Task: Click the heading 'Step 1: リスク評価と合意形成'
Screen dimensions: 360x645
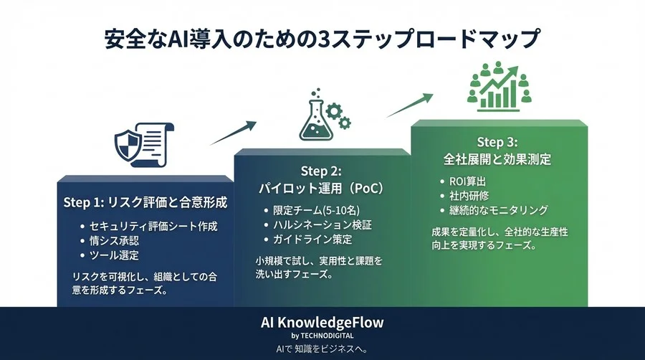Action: click(x=145, y=202)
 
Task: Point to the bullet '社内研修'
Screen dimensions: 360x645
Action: click(x=469, y=195)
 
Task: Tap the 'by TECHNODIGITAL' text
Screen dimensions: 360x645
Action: click(x=322, y=335)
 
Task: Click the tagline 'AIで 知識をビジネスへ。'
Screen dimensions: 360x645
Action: click(x=322, y=349)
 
